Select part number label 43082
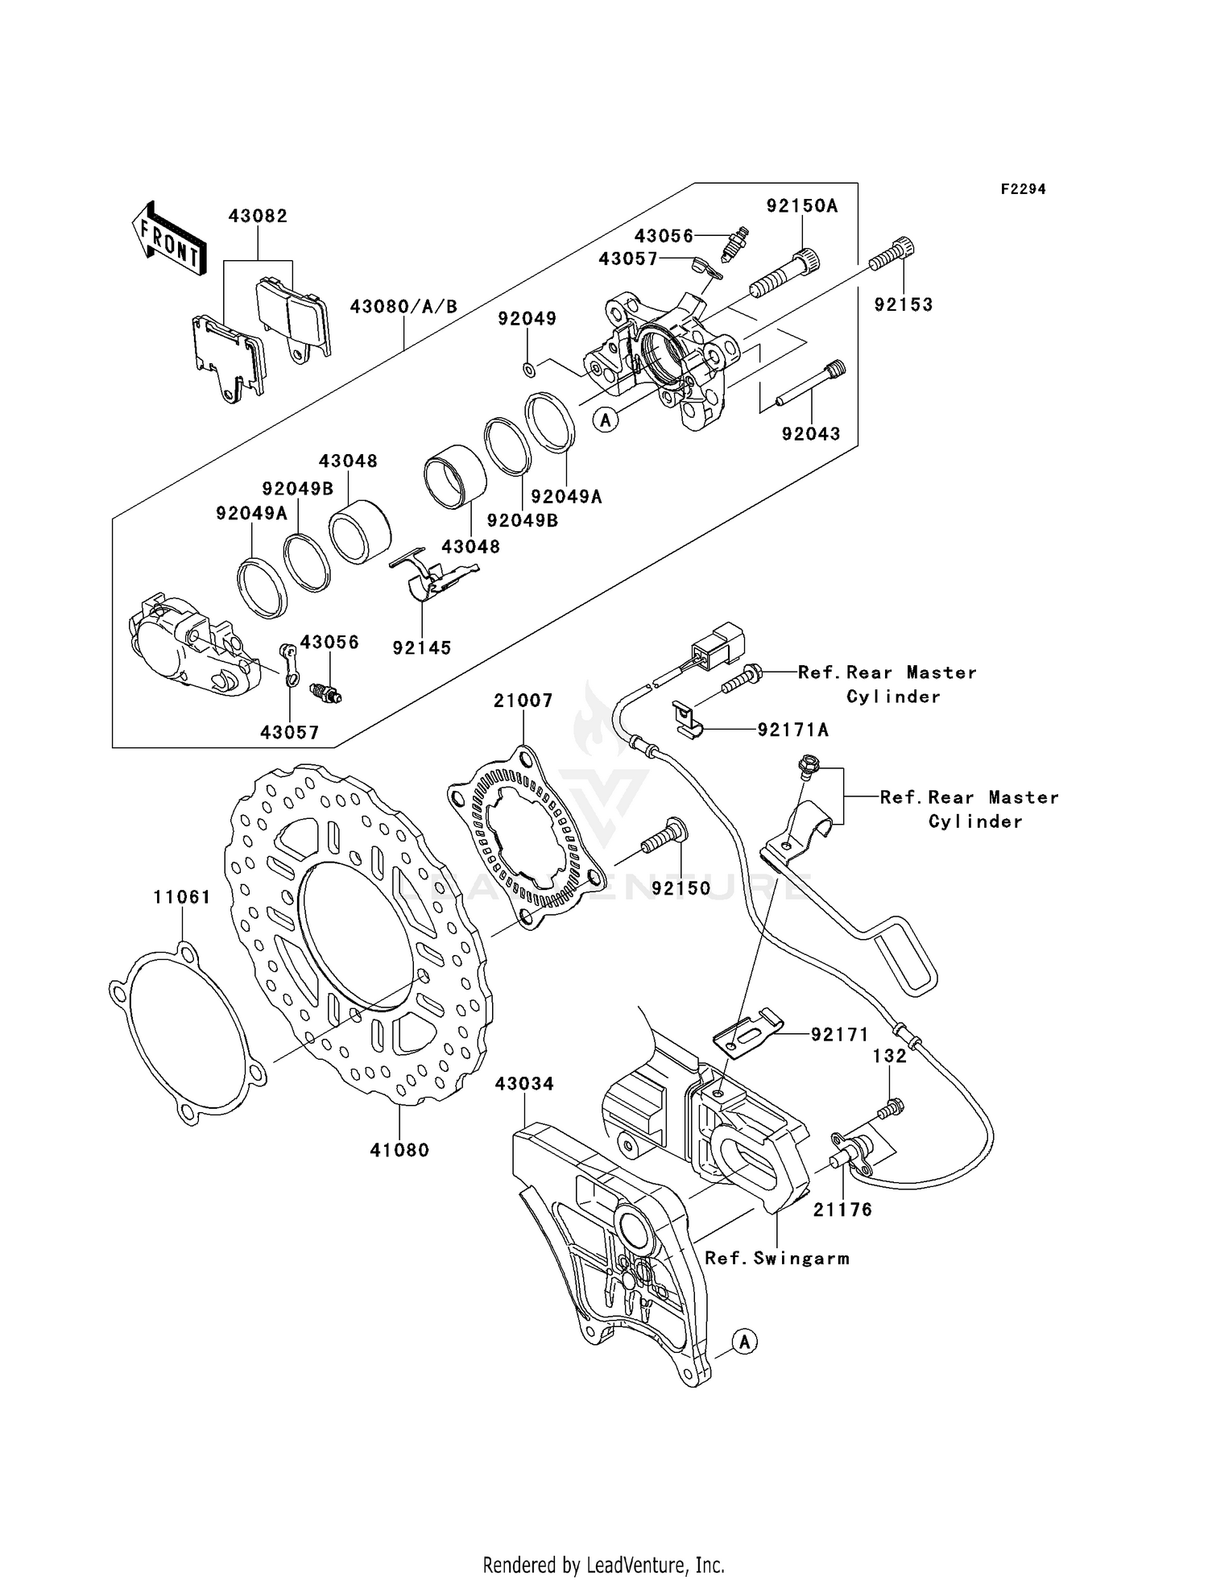point(258,217)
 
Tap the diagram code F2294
point(1023,189)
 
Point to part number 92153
point(904,304)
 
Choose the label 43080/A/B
point(403,307)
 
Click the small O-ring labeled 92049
point(528,370)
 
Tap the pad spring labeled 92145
point(431,581)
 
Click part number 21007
point(523,701)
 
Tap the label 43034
point(524,1084)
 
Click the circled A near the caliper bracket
point(745,1342)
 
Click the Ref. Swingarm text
point(776,1259)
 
